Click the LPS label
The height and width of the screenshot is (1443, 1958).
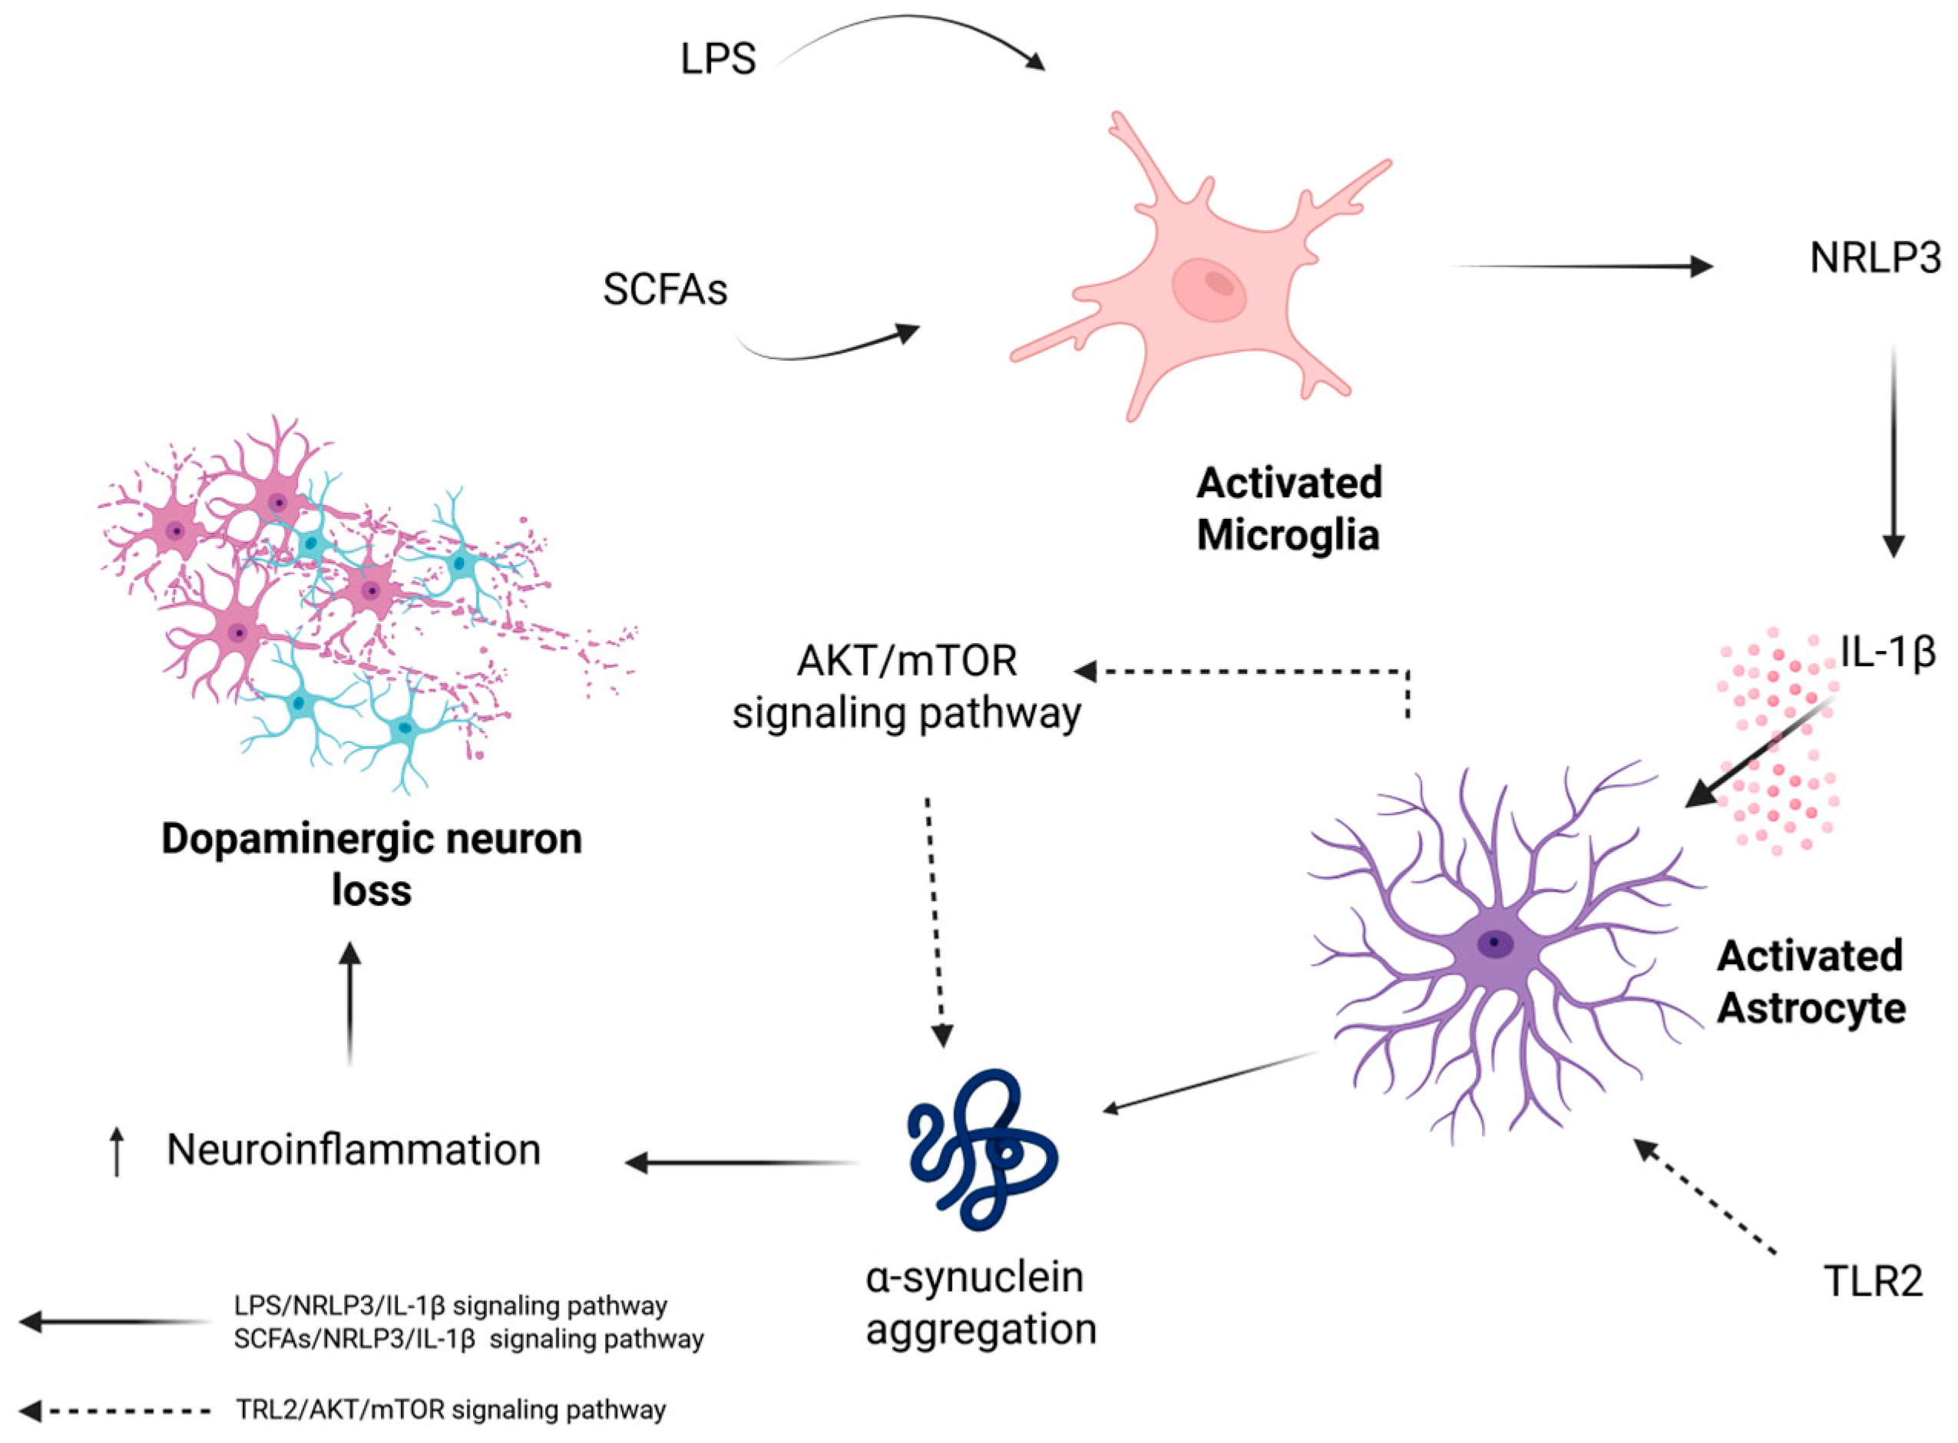(x=717, y=59)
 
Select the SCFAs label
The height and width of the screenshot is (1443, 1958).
(x=664, y=289)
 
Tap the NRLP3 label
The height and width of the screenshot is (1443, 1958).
(x=1875, y=259)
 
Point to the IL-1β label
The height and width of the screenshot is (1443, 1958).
(x=1887, y=652)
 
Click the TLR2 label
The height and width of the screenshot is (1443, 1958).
(x=1874, y=1281)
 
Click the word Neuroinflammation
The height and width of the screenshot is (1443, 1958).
(x=354, y=1150)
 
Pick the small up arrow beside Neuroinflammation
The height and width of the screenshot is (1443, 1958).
(x=117, y=1151)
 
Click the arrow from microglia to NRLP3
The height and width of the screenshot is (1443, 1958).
(x=1582, y=266)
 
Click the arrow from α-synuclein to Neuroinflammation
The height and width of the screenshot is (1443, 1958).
(x=743, y=1163)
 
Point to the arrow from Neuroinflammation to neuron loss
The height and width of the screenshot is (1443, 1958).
(x=350, y=1005)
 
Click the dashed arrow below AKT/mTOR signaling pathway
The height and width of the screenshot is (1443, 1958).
(x=936, y=922)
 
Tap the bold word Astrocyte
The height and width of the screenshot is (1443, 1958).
(x=1811, y=1008)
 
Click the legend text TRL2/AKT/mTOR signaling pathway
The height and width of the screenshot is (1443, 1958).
(x=451, y=1410)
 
